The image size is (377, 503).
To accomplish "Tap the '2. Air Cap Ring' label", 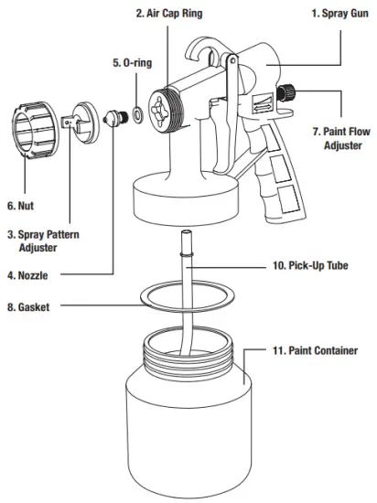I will (x=169, y=14).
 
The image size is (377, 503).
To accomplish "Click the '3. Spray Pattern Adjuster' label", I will (x=42, y=241).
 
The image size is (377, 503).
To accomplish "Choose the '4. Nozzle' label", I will (x=27, y=274).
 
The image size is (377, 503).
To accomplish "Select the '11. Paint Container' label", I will (x=315, y=349).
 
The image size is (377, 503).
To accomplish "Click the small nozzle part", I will (x=117, y=117).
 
